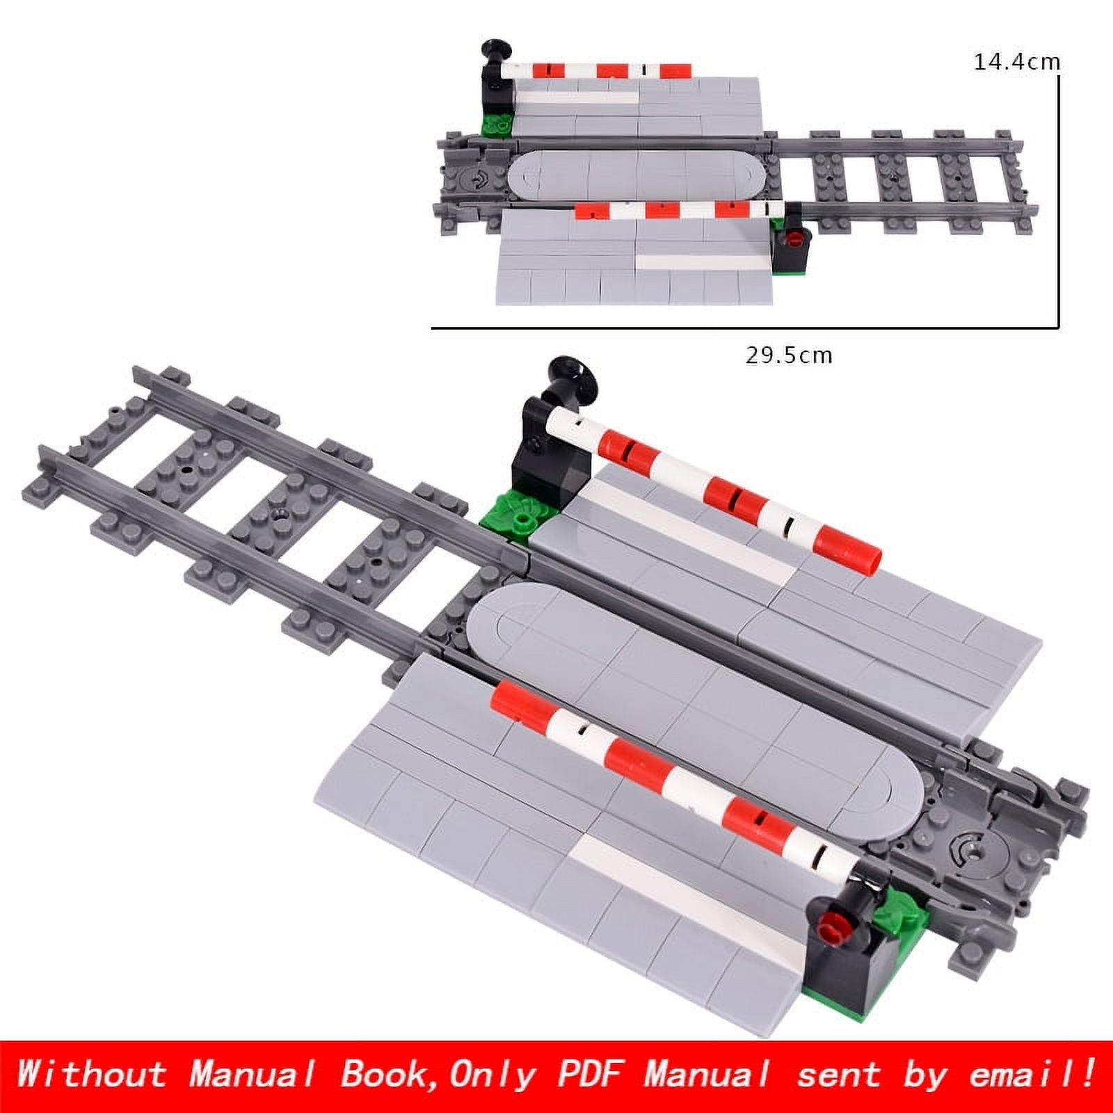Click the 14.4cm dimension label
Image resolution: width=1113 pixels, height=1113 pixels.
tap(1016, 62)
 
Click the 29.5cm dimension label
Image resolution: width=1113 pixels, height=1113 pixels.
tap(789, 355)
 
